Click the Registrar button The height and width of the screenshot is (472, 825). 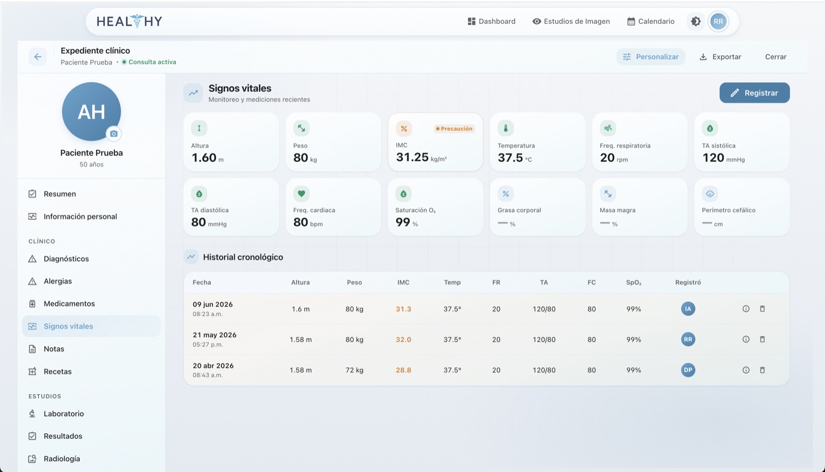[754, 93]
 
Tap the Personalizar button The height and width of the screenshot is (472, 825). [650, 57]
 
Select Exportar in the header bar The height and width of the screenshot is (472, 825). [720, 57]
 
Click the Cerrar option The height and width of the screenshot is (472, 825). [775, 57]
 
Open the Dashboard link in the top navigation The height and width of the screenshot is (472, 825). [491, 21]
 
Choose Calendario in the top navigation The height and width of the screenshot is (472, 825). [651, 21]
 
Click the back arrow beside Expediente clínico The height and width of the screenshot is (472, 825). [38, 57]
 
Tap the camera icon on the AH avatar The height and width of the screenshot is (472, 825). [114, 134]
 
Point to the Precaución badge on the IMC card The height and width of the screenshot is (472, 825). [454, 129]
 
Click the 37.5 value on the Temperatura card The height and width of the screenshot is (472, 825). [510, 158]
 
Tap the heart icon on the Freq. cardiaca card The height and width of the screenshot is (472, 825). [301, 194]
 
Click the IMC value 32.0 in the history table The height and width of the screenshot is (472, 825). [403, 340]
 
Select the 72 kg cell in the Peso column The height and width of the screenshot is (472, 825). [354, 370]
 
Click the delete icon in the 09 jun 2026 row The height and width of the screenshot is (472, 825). [763, 309]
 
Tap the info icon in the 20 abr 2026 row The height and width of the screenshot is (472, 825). [746, 370]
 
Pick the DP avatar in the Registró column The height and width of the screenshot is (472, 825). [688, 370]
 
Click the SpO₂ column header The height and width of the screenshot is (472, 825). [634, 282]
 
